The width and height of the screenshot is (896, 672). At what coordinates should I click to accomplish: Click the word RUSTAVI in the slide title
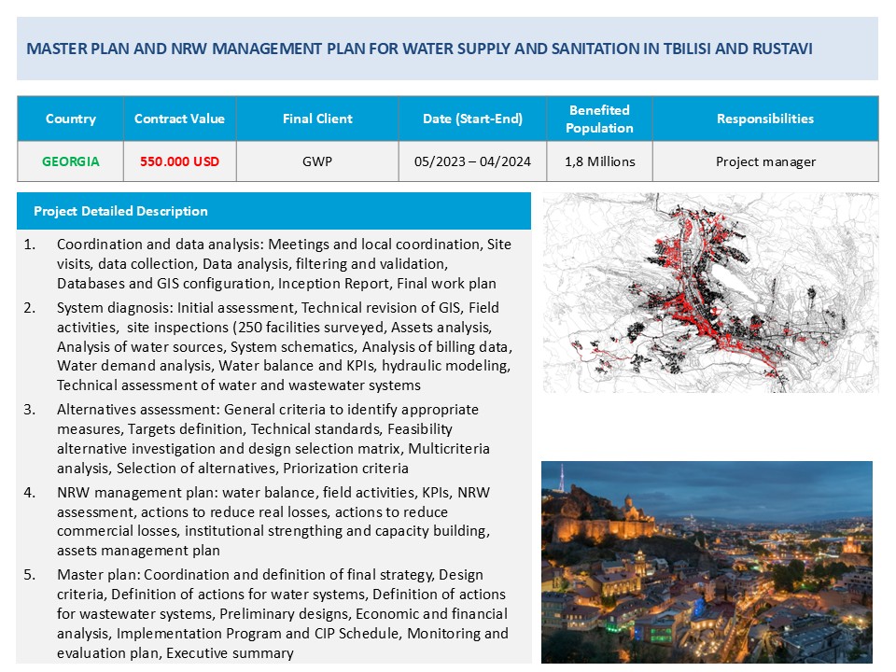(779, 49)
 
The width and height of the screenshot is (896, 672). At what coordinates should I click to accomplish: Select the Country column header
(71, 119)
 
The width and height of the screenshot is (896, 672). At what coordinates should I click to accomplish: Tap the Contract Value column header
(179, 119)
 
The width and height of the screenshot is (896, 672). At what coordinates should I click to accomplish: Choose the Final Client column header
(317, 119)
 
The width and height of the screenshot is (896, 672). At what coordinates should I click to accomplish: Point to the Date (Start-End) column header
(472, 119)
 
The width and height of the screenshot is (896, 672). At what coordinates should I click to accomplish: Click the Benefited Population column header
(599, 119)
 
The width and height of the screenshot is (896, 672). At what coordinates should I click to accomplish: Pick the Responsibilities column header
(765, 119)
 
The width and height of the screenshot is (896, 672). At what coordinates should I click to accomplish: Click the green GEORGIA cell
(71, 161)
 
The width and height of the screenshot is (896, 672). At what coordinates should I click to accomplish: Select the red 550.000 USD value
(179, 161)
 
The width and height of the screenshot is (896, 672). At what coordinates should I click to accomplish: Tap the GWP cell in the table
(317, 161)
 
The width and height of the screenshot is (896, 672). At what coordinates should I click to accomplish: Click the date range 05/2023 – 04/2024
(472, 161)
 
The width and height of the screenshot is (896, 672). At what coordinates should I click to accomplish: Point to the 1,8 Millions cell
(599, 161)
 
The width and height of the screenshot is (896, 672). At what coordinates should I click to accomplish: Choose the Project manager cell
(765, 161)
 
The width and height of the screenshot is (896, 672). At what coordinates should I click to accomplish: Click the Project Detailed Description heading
(120, 211)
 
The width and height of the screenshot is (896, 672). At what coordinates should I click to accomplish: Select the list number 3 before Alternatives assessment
(30, 410)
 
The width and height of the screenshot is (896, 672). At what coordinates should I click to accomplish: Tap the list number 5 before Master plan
(30, 575)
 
